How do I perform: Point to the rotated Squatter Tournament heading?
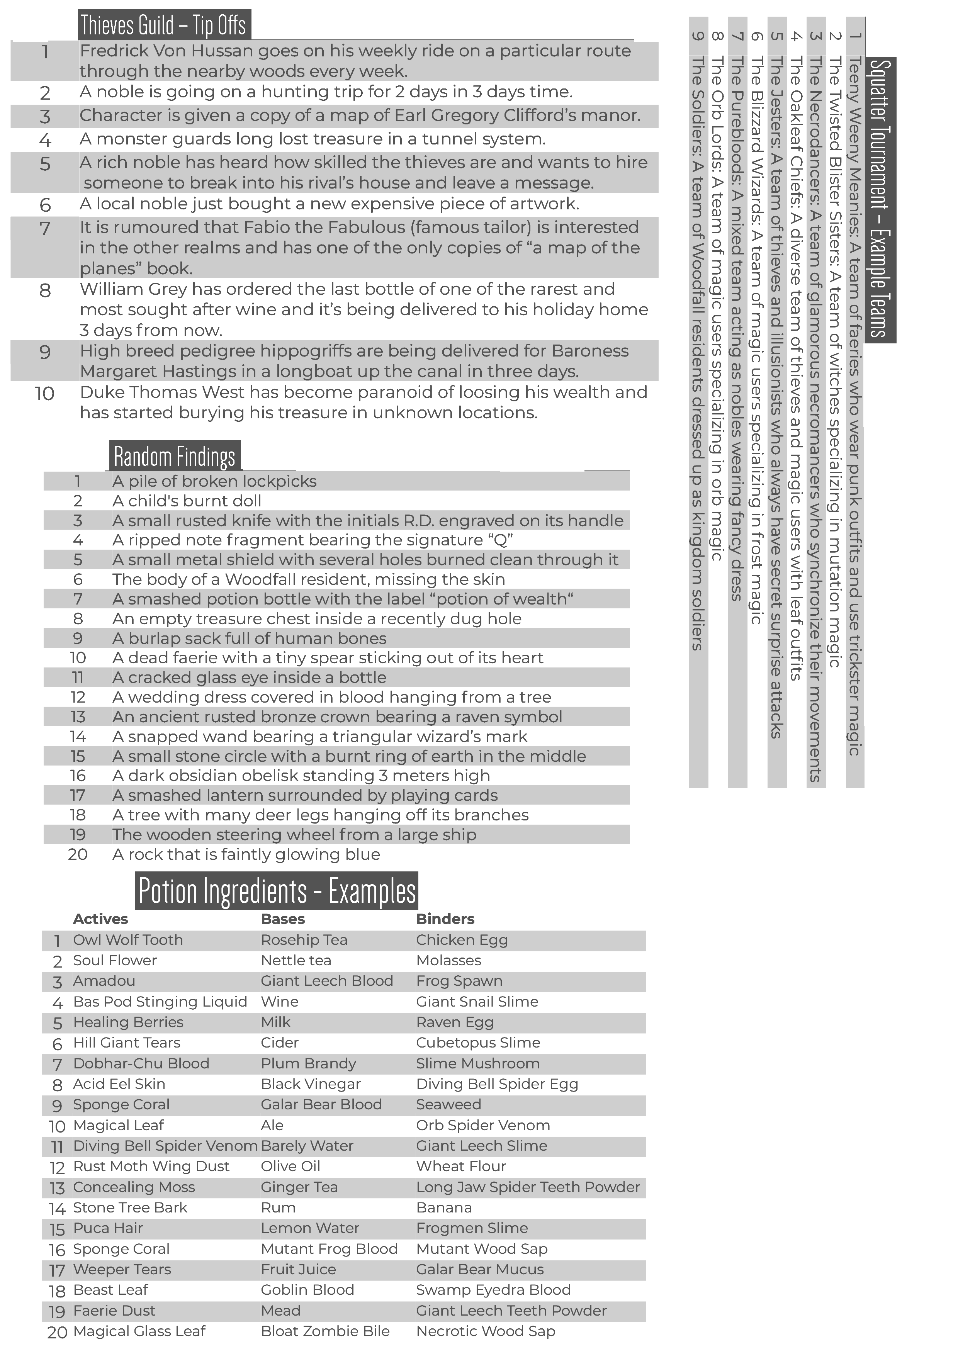coord(880,199)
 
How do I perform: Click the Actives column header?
coord(100,919)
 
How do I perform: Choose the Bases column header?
coord(283,919)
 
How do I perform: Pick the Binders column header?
coord(445,919)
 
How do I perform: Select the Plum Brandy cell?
coord(308,1063)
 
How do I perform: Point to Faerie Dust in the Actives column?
coord(114,1310)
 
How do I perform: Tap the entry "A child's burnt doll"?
coord(187,501)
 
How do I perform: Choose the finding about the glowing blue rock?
coord(246,854)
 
